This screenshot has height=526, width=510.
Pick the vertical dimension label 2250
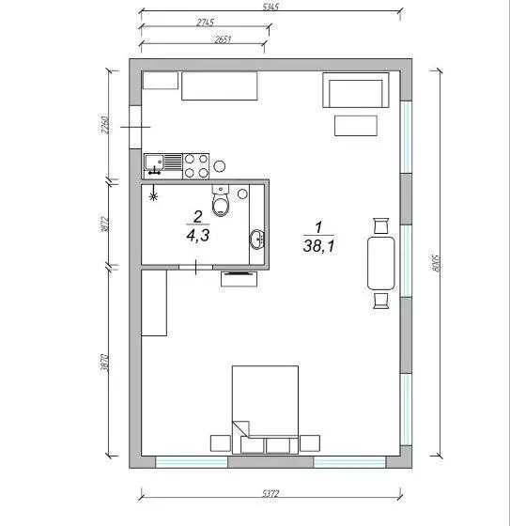[107, 125]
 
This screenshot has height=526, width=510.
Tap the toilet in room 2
[221, 201]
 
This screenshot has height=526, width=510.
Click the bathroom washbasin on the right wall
[256, 240]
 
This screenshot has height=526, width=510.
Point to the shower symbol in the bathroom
[154, 197]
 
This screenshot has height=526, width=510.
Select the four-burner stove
[195, 165]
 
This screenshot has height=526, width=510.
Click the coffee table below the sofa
[355, 126]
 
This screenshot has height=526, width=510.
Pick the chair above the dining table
[380, 225]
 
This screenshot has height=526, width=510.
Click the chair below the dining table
[380, 300]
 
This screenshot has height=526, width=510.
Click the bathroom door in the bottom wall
[194, 269]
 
